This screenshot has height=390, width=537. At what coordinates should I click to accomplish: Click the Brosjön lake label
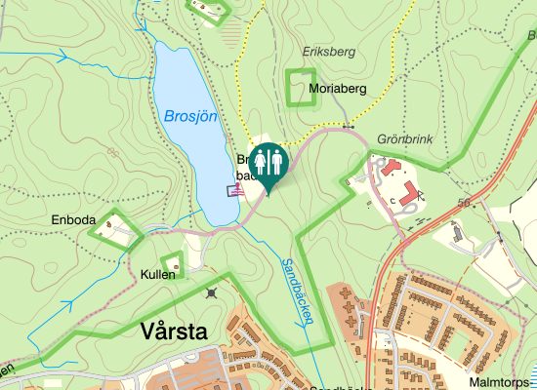tap(189, 115)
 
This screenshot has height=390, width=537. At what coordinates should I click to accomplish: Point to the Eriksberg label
tap(329, 52)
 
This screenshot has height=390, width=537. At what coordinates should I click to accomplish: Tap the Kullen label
tap(157, 274)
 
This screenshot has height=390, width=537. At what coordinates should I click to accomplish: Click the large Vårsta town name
tap(174, 331)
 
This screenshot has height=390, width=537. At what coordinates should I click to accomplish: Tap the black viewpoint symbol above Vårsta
tap(213, 292)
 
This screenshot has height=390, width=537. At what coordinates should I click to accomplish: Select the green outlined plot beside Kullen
tap(173, 263)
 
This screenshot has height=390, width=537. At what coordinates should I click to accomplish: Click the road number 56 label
tap(463, 202)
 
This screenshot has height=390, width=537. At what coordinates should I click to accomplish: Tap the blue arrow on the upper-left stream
tap(65, 58)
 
